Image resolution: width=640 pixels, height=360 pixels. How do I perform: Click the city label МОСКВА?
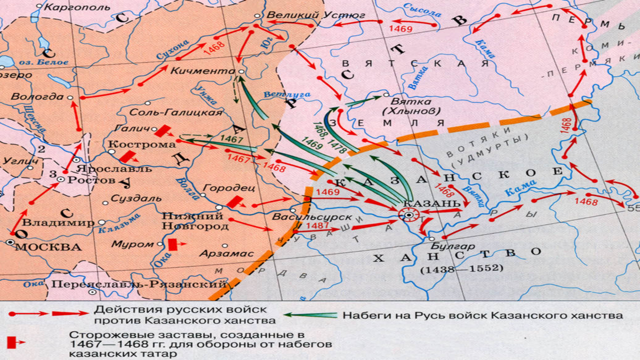coord(48,247)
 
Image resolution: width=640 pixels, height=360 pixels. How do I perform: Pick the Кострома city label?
coord(142,145)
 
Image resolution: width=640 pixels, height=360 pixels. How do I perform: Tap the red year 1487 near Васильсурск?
coord(319,226)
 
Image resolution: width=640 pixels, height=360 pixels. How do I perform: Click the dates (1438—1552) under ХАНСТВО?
coord(461,269)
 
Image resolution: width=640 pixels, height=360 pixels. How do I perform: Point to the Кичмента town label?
coord(203,70)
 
